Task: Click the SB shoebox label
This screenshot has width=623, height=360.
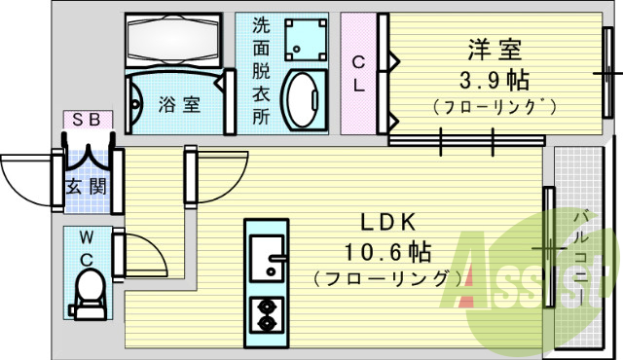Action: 88,121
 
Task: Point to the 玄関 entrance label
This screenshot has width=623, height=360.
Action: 87,186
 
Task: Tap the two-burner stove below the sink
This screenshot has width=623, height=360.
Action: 266,312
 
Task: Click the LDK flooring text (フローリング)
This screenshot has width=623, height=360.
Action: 387,279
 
